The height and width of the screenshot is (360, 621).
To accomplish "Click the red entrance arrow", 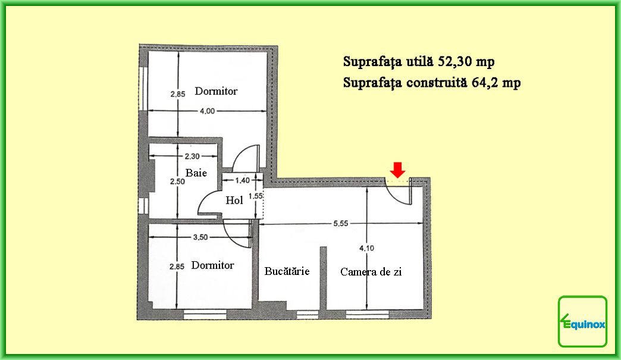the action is click(x=397, y=170).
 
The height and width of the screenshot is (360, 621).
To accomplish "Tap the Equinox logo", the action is click(x=582, y=321).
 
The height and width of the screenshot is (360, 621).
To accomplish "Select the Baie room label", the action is click(x=196, y=173).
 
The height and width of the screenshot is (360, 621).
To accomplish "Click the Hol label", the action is click(x=234, y=201).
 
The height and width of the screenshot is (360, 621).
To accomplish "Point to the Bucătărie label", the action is click(x=287, y=271).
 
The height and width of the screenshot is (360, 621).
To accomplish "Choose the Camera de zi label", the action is click(x=371, y=272).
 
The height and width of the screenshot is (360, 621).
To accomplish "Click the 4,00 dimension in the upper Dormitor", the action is click(x=207, y=111).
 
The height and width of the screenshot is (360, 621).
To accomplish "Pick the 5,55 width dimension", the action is click(x=341, y=223).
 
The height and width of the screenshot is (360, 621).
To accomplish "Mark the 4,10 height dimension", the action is click(x=367, y=248).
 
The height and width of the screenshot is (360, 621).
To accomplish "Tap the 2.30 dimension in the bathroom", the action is click(x=192, y=156).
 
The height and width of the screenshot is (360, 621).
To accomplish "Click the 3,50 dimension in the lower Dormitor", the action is click(x=200, y=237).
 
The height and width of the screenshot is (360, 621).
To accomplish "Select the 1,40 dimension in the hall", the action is click(x=242, y=180).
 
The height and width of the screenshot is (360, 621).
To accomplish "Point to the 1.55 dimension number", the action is click(x=256, y=196).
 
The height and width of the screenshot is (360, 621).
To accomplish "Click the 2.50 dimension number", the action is click(x=177, y=181).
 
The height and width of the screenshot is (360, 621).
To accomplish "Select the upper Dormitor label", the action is click(x=217, y=91).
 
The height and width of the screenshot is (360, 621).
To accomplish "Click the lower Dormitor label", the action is click(x=213, y=265).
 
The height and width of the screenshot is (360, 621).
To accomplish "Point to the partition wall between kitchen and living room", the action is click(x=323, y=278).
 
